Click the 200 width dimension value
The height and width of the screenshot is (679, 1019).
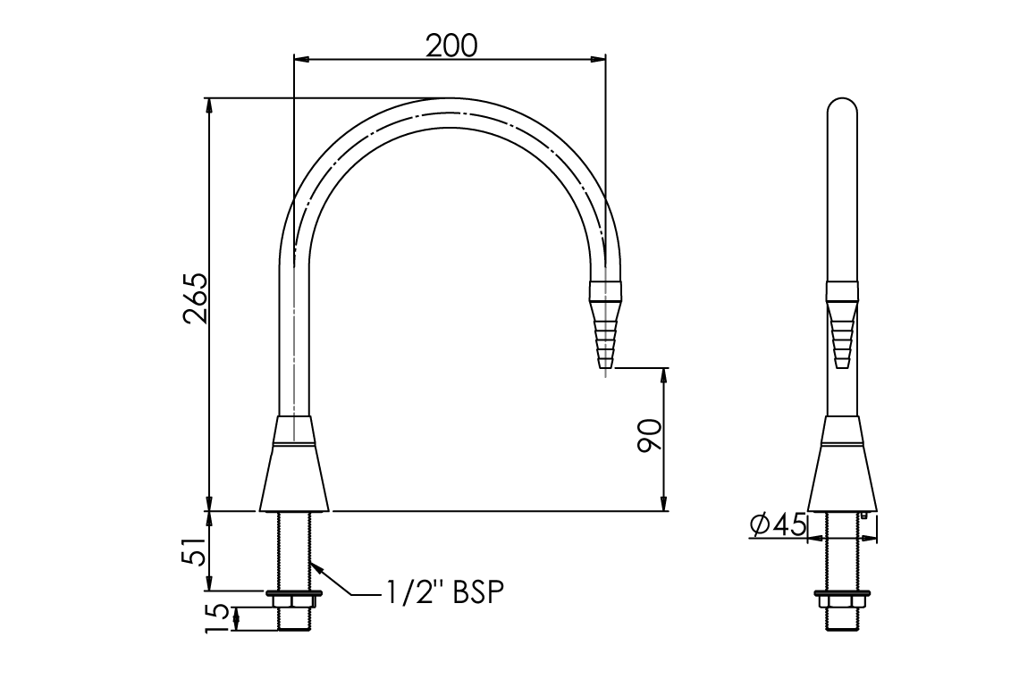pyautogui.click(x=451, y=44)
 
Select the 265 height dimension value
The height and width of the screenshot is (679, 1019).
pyautogui.click(x=195, y=300)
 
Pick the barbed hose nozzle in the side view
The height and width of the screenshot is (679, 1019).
pyautogui.click(x=842, y=331)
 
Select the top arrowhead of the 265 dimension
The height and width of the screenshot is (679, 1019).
pyautogui.click(x=209, y=105)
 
